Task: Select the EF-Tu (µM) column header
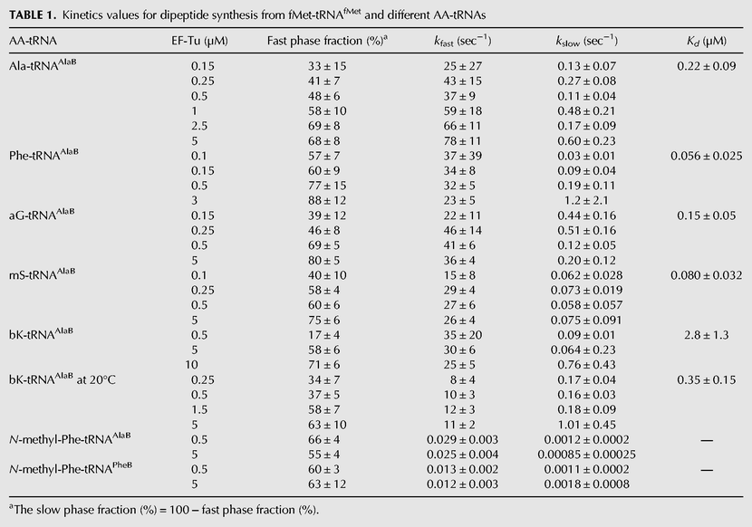[199, 42]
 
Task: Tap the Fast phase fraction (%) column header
[327, 41]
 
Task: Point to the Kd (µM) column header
[707, 42]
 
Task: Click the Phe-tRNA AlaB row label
[43, 155]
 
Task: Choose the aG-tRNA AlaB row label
[42, 215]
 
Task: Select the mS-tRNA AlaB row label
[43, 274]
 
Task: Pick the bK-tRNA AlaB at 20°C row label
[63, 378]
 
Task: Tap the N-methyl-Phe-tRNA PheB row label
[71, 468]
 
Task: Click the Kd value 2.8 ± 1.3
[707, 335]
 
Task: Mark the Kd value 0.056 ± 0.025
[707, 156]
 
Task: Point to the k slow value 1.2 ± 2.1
[586, 200]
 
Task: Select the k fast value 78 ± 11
[462, 141]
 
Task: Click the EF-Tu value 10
[192, 365]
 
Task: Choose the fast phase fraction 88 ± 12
[327, 200]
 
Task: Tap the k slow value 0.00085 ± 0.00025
[586, 455]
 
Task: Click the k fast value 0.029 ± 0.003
[462, 439]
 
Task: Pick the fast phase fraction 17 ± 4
[324, 335]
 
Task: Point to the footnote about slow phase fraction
[164, 509]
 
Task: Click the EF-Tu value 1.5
[199, 409]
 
